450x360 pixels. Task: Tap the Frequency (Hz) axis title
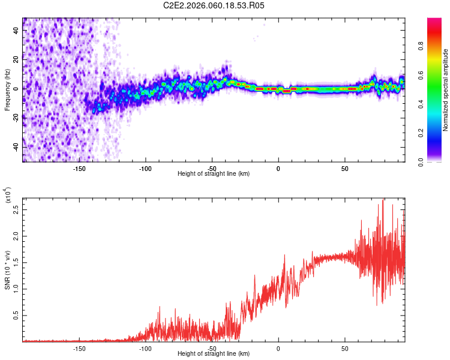[x=7, y=89]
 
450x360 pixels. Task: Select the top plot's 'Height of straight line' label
[x=214, y=174]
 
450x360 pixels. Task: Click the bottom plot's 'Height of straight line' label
[x=214, y=355]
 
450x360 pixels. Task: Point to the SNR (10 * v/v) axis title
[x=7, y=270]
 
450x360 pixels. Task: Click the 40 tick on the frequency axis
[x=16, y=30]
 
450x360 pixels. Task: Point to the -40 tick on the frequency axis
[x=14, y=147]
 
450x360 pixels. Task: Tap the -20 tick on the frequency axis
[x=14, y=118]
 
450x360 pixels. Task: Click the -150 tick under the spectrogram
[x=79, y=168]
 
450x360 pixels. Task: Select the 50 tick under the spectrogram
[x=345, y=168]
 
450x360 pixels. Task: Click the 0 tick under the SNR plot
[x=278, y=348]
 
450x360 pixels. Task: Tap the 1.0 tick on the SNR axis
[x=16, y=289]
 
